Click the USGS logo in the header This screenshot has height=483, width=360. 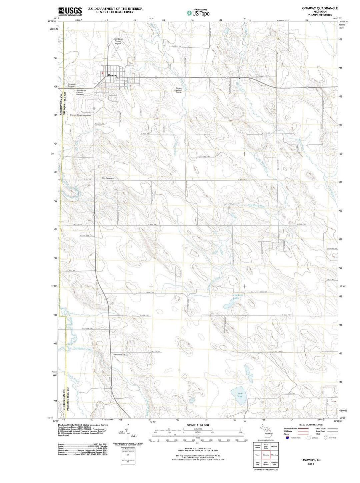[x=70, y=12]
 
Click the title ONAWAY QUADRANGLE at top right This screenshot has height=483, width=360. [x=319, y=8]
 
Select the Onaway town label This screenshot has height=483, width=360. [x=112, y=76]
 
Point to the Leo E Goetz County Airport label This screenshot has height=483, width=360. [x=118, y=41]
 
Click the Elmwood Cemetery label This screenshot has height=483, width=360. [x=72, y=85]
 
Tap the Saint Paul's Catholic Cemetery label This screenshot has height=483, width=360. [x=81, y=92]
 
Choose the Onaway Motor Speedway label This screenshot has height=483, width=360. [x=80, y=115]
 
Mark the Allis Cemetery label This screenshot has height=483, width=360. [x=108, y=178]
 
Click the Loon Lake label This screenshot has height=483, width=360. [x=239, y=395]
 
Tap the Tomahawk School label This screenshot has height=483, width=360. [x=120, y=355]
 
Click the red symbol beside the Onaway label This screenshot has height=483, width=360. [x=103, y=73]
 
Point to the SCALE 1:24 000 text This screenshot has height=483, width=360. [x=198, y=425]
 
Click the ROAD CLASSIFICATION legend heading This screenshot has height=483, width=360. [x=311, y=425]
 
